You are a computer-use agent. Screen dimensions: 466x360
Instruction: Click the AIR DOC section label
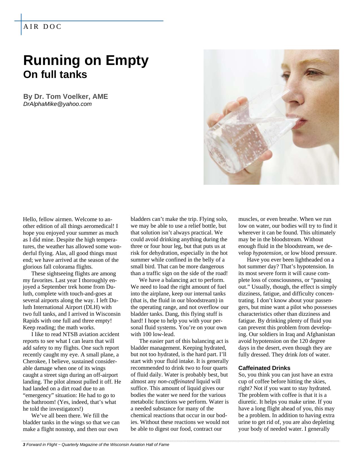pos(42,27)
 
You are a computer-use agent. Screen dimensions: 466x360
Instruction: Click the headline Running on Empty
pos(86,60)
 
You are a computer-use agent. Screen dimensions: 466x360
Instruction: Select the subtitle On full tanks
pos(55,75)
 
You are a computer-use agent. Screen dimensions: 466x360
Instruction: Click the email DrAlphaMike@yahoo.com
pos(57,104)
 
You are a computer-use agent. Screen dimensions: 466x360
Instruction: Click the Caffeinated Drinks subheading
pos(264,368)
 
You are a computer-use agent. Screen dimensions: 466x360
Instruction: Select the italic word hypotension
pos(267,253)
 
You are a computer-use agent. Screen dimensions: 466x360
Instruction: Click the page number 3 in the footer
pos(24,445)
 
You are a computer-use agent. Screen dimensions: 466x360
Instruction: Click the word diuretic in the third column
pos(248,402)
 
